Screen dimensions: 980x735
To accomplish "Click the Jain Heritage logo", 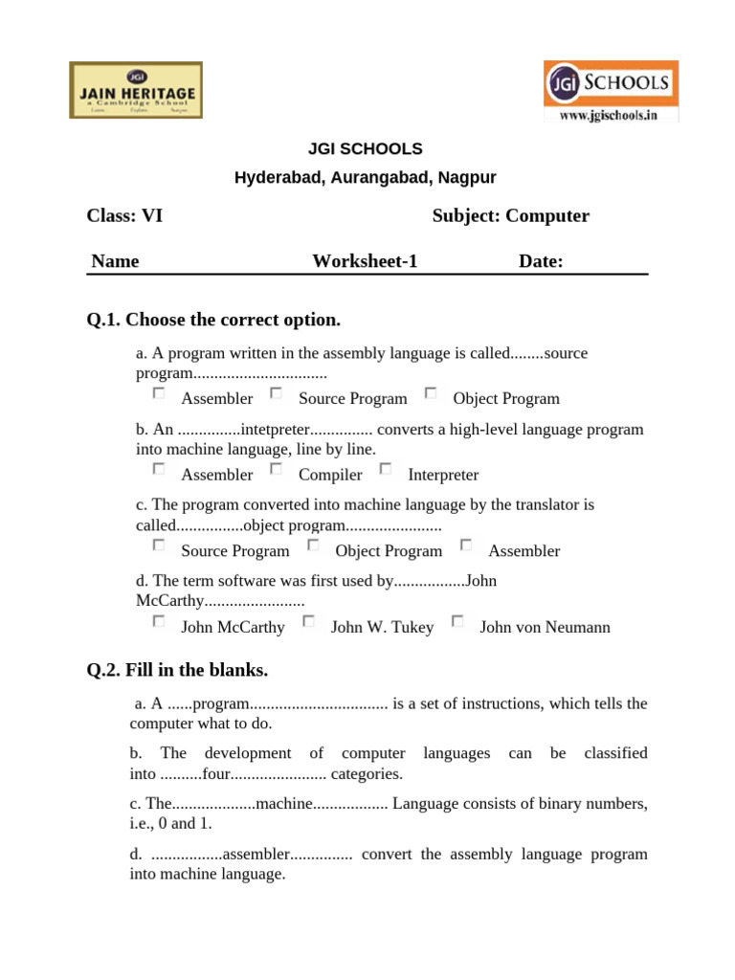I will tap(135, 90).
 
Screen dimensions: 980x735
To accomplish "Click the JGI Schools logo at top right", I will tap(611, 84).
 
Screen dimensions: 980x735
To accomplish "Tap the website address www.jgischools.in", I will tap(611, 116).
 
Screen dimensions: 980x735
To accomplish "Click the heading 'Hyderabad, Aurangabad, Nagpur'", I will tap(365, 178).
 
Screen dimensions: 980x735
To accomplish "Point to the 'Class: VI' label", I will tap(124, 216).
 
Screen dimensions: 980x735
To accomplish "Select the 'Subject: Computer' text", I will tap(510, 216).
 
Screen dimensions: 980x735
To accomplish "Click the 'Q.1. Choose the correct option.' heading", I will tap(213, 320).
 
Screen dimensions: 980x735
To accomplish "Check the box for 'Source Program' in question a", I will tap(276, 392).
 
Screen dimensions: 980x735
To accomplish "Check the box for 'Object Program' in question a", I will tap(431, 392).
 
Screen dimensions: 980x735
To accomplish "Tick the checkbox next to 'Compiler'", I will tap(276, 469).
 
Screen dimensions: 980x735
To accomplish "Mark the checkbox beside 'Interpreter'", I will tap(386, 469).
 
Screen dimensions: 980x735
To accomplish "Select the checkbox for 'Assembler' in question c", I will tap(466, 545).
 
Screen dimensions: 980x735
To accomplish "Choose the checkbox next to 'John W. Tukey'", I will tap(308, 621).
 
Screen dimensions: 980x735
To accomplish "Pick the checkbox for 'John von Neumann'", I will tap(457, 621).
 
